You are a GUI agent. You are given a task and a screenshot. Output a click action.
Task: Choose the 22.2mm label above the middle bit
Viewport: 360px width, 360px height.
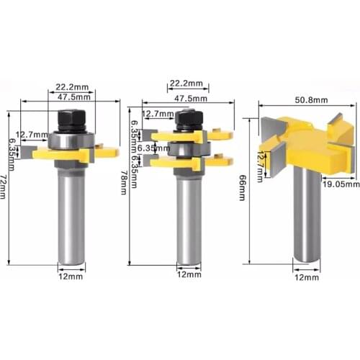click(x=185, y=84)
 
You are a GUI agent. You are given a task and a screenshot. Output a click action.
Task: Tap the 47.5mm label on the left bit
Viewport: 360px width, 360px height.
click(x=75, y=96)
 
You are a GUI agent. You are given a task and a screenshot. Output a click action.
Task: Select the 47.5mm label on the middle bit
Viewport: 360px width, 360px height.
click(x=189, y=98)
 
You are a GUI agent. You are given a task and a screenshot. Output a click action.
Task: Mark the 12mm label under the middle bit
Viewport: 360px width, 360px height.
click(x=187, y=274)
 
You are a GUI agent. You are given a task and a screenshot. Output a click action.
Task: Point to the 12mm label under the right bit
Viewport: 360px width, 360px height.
click(x=306, y=276)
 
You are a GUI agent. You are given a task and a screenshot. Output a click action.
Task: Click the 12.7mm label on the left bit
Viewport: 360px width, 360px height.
click(x=32, y=135)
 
